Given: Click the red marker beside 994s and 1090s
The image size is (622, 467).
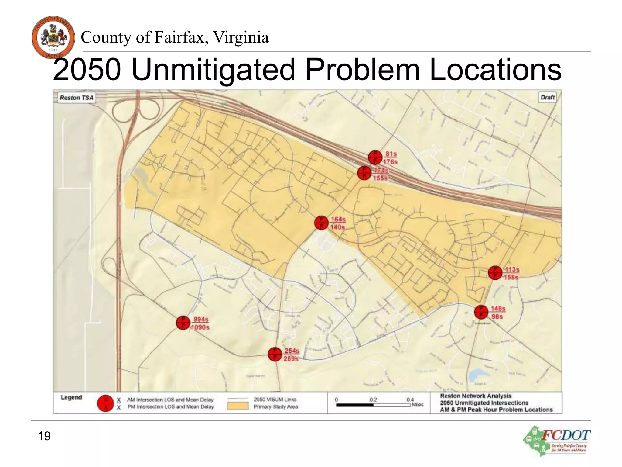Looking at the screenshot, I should click(183, 323).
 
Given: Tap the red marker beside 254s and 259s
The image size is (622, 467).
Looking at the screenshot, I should click(275, 354).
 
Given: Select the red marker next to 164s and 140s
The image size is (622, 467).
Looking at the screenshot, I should click(321, 223).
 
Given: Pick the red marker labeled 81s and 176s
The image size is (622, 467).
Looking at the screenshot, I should click(375, 157).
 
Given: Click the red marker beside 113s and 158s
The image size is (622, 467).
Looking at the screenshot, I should click(495, 273).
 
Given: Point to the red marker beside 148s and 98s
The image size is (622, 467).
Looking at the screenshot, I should click(481, 312).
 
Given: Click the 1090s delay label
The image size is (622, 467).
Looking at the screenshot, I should click(200, 327).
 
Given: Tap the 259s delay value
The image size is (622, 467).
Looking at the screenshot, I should click(291, 359).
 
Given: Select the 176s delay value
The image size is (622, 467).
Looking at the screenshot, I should click(390, 162).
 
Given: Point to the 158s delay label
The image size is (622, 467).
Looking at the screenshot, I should click(511, 277).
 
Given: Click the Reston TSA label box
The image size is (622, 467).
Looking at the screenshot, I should click(77, 98).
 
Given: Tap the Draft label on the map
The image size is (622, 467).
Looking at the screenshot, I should click(548, 97).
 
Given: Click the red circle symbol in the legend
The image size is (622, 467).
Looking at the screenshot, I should click(105, 403).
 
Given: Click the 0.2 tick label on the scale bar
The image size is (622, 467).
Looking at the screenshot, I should click(373, 400).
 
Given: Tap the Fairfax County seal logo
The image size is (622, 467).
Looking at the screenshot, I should click(53, 37).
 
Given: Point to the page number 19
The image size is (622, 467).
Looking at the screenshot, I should click(44, 436).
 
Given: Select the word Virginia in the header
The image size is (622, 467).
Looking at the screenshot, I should click(241, 37).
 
